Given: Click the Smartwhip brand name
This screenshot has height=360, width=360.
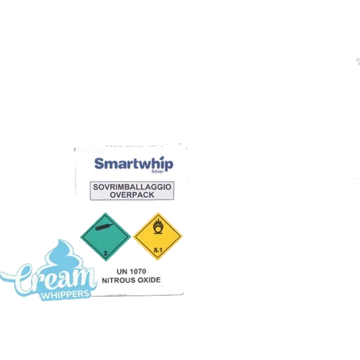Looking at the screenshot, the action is (134, 164).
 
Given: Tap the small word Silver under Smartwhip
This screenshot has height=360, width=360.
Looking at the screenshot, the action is (158, 171).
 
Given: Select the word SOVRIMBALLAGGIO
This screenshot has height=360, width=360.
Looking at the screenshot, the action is (132, 187).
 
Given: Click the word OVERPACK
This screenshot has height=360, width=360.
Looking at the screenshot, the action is (132, 195).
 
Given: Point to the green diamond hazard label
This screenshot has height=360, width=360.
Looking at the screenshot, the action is (105, 236).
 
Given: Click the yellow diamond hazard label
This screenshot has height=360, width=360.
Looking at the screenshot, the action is (158, 236).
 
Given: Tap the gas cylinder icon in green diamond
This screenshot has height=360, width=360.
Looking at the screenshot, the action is (104, 226).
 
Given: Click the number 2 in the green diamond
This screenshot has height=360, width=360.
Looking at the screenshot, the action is (106, 253).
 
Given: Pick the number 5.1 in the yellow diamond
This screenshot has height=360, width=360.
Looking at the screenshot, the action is (158, 250).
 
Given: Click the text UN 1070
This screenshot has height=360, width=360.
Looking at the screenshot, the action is (131, 271).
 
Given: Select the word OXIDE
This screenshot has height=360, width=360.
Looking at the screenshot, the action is (149, 280).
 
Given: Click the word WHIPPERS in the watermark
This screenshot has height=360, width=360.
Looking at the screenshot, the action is (66, 294).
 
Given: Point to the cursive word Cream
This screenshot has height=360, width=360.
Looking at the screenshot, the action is (48, 278).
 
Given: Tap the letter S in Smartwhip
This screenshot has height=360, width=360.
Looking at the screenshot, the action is (99, 163).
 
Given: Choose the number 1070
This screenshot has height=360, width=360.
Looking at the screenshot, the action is (137, 271).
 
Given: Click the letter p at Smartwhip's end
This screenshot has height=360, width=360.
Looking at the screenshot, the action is (169, 166).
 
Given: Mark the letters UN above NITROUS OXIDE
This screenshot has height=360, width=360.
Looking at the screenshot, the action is (121, 271).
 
